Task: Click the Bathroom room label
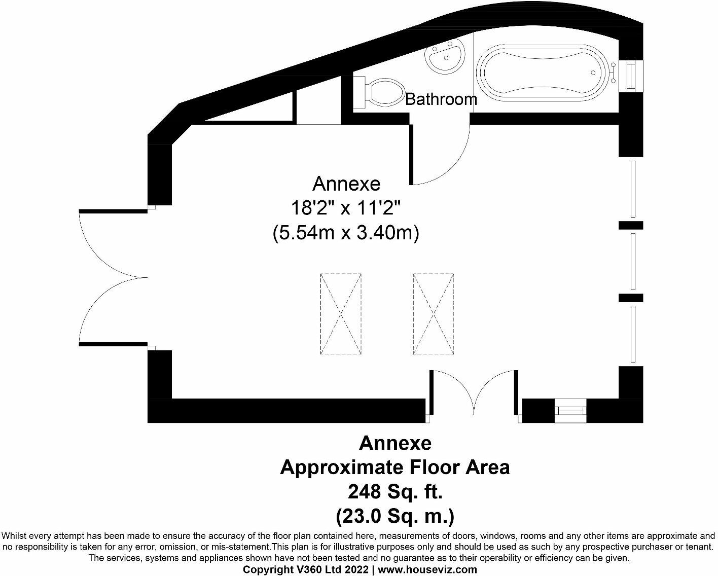[x=441, y=99]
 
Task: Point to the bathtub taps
[x=613, y=73]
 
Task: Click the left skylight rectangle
[x=341, y=314]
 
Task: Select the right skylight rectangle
[x=434, y=314]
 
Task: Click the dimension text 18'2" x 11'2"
[x=346, y=207]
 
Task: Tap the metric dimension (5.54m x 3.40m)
[x=346, y=233]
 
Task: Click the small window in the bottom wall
[x=570, y=410]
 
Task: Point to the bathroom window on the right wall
[x=631, y=76]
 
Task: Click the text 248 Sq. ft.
[x=395, y=491]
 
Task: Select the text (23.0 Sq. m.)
[x=395, y=516]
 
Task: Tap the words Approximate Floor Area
[x=395, y=467]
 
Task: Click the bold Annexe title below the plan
[x=395, y=443]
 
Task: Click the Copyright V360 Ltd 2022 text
[x=306, y=569]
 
